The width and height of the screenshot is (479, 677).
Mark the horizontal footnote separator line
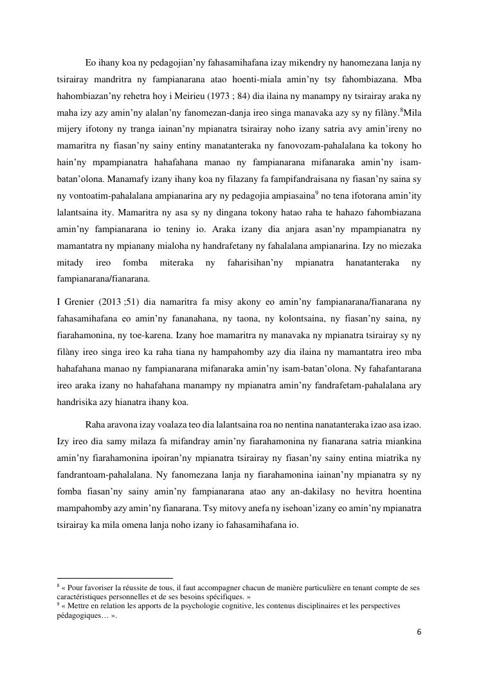pos(115,578)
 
